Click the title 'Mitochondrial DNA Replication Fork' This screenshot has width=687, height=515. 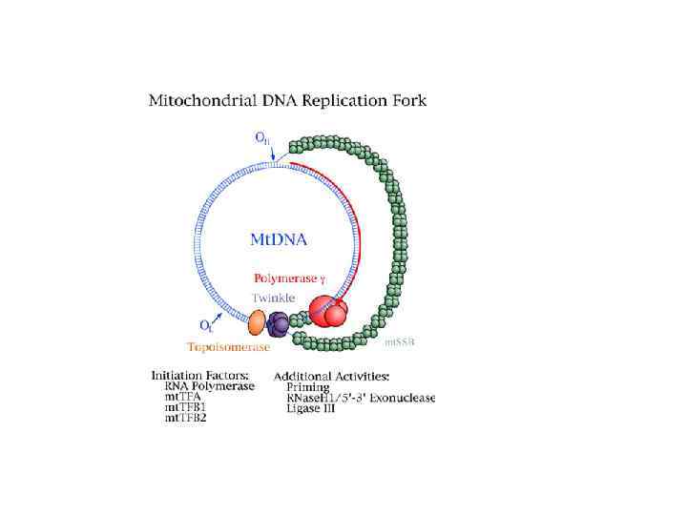tap(300, 99)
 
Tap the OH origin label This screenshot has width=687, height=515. tap(260, 137)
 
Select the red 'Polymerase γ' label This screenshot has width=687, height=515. tap(292, 278)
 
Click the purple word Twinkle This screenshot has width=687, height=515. tap(273, 298)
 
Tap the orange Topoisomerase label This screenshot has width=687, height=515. tap(228, 348)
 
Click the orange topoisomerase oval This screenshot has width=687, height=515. tap(257, 321)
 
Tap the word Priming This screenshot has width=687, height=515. tap(307, 387)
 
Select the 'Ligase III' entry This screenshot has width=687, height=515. tap(310, 408)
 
